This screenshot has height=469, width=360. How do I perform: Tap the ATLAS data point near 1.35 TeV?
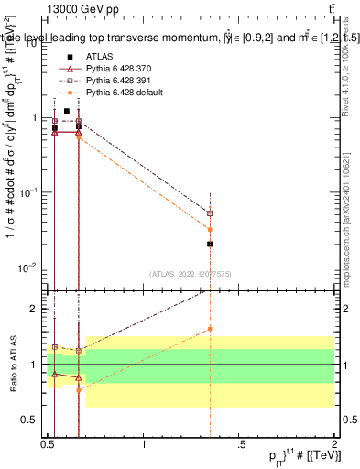tap(211, 244)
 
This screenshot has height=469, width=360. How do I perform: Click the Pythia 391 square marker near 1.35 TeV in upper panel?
tap(211, 213)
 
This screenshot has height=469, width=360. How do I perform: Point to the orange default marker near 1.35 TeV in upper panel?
tap(211, 229)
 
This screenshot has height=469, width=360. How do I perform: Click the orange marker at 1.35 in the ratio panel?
tap(211, 329)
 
